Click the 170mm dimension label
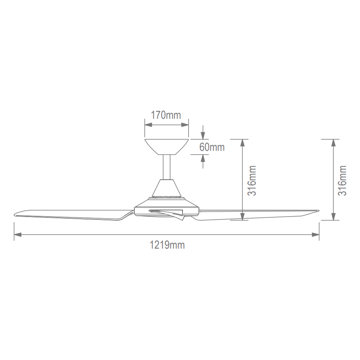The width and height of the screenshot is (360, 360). pos(166,115)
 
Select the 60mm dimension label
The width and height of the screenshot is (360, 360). pos(212,147)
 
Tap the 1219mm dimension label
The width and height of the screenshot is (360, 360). pos(167,245)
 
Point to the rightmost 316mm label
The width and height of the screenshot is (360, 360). pos(342,180)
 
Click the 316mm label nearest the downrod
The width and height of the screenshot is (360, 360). pos(252,180)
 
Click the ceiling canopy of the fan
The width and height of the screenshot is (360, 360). pos(166,147)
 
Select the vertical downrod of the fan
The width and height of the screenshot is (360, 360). pos(167,167)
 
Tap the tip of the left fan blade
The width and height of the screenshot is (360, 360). pos(15,215)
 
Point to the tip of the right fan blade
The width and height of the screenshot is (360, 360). pos(318,210)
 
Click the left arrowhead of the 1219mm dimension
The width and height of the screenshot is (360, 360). pos(18,235)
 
